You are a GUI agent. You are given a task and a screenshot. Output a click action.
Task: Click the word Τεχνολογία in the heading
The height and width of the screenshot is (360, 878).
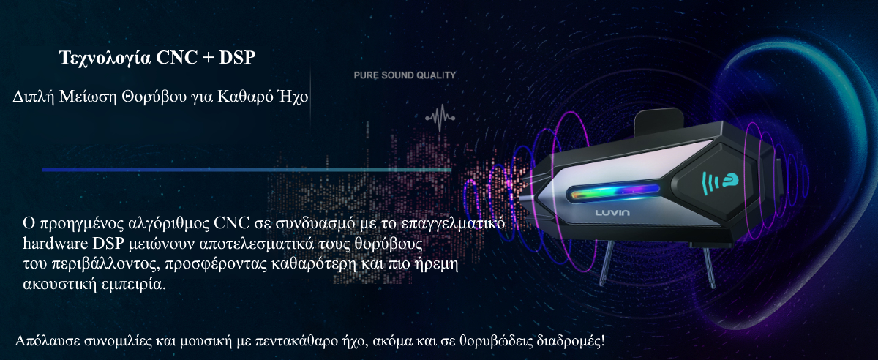click(105, 58)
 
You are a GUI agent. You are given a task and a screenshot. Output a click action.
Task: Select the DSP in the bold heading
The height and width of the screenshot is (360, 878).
click(237, 57)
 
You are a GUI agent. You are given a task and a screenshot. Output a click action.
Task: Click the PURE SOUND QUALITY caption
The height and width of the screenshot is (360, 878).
click(405, 75)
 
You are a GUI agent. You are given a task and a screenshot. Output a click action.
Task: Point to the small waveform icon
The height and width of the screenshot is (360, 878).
click(440, 117)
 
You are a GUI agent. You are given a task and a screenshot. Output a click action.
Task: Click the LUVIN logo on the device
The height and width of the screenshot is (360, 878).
click(612, 213)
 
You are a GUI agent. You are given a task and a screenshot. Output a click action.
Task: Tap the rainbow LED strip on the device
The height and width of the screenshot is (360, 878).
click(614, 192)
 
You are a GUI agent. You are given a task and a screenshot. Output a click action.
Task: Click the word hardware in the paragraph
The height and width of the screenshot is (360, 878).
click(56, 244)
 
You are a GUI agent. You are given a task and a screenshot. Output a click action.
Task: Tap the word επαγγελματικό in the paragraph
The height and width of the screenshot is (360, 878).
click(453, 223)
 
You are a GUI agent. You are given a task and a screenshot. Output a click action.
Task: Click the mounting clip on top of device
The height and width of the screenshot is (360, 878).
click(659, 119)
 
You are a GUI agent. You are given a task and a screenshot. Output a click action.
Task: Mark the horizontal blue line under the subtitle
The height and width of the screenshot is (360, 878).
click(247, 170)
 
